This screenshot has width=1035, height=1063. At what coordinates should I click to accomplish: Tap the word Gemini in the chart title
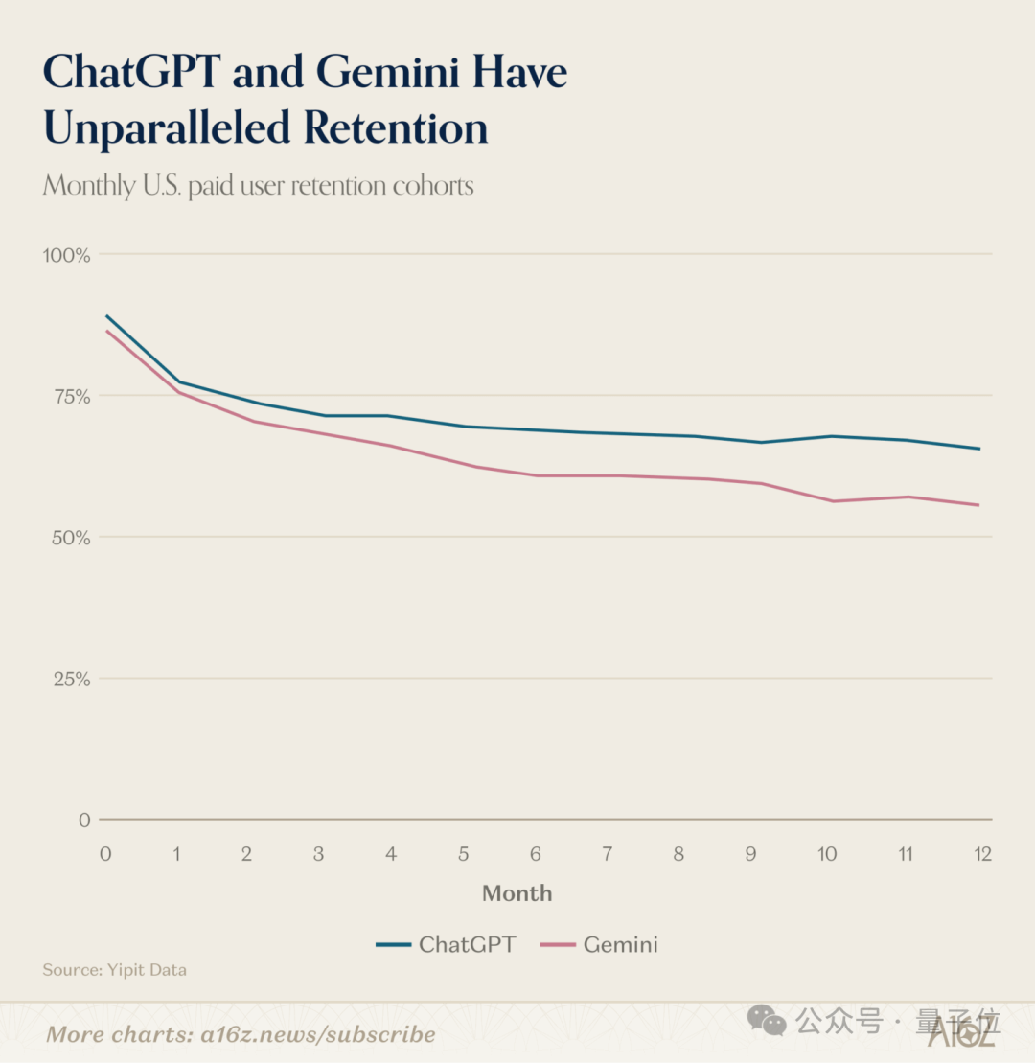[x=390, y=72]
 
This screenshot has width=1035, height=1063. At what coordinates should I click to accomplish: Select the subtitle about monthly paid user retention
[x=259, y=184]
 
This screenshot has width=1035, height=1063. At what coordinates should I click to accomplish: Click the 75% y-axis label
[x=69, y=396]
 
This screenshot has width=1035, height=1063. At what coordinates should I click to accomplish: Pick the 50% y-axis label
[x=69, y=537]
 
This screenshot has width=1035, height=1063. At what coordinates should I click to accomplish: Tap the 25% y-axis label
[x=69, y=679]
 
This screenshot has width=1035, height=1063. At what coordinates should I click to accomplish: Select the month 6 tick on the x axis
[x=536, y=853]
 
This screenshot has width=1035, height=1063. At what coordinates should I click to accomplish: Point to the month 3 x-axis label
[x=319, y=853]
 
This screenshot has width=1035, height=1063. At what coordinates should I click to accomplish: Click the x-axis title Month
[x=517, y=893]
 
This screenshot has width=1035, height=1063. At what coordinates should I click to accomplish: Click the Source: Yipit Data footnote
[x=115, y=970]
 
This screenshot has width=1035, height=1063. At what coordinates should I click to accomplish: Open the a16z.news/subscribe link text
[x=317, y=1034]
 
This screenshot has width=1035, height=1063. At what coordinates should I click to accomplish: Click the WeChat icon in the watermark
[x=767, y=1022]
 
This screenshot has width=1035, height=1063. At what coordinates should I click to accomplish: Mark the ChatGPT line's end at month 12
[x=979, y=449]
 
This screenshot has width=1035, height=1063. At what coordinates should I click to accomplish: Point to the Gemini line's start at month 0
[x=106, y=332]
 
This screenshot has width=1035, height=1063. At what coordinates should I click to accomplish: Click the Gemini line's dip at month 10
[x=831, y=501]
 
